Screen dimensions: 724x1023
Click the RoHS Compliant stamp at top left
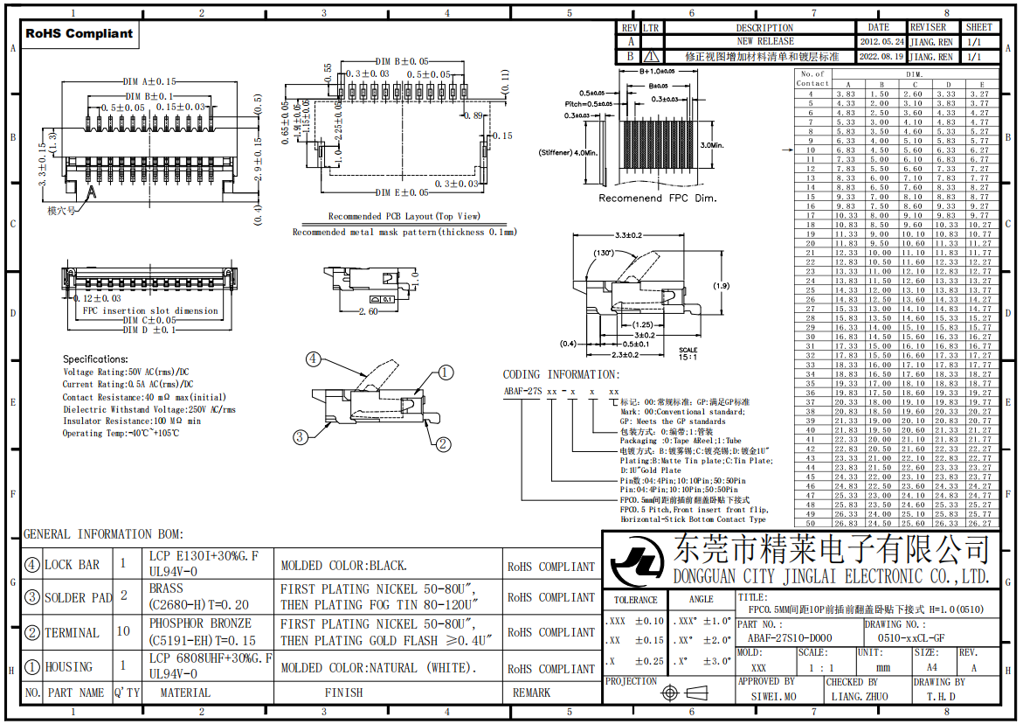pos(79,34)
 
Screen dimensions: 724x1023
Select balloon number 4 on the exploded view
pos(314,358)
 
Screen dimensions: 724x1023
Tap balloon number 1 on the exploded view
pos(446,373)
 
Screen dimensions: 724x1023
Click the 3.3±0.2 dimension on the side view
pos(628,235)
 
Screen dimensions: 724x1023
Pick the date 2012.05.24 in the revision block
pos(881,41)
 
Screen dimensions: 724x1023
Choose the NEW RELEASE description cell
pos(764,41)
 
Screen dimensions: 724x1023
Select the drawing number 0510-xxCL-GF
pos(911,638)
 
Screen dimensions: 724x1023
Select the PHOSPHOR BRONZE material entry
pos(200,623)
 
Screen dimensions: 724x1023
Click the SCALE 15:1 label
pos(688,353)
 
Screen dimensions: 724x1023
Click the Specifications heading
pos(95,359)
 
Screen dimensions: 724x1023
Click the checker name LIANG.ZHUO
pos(859,696)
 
